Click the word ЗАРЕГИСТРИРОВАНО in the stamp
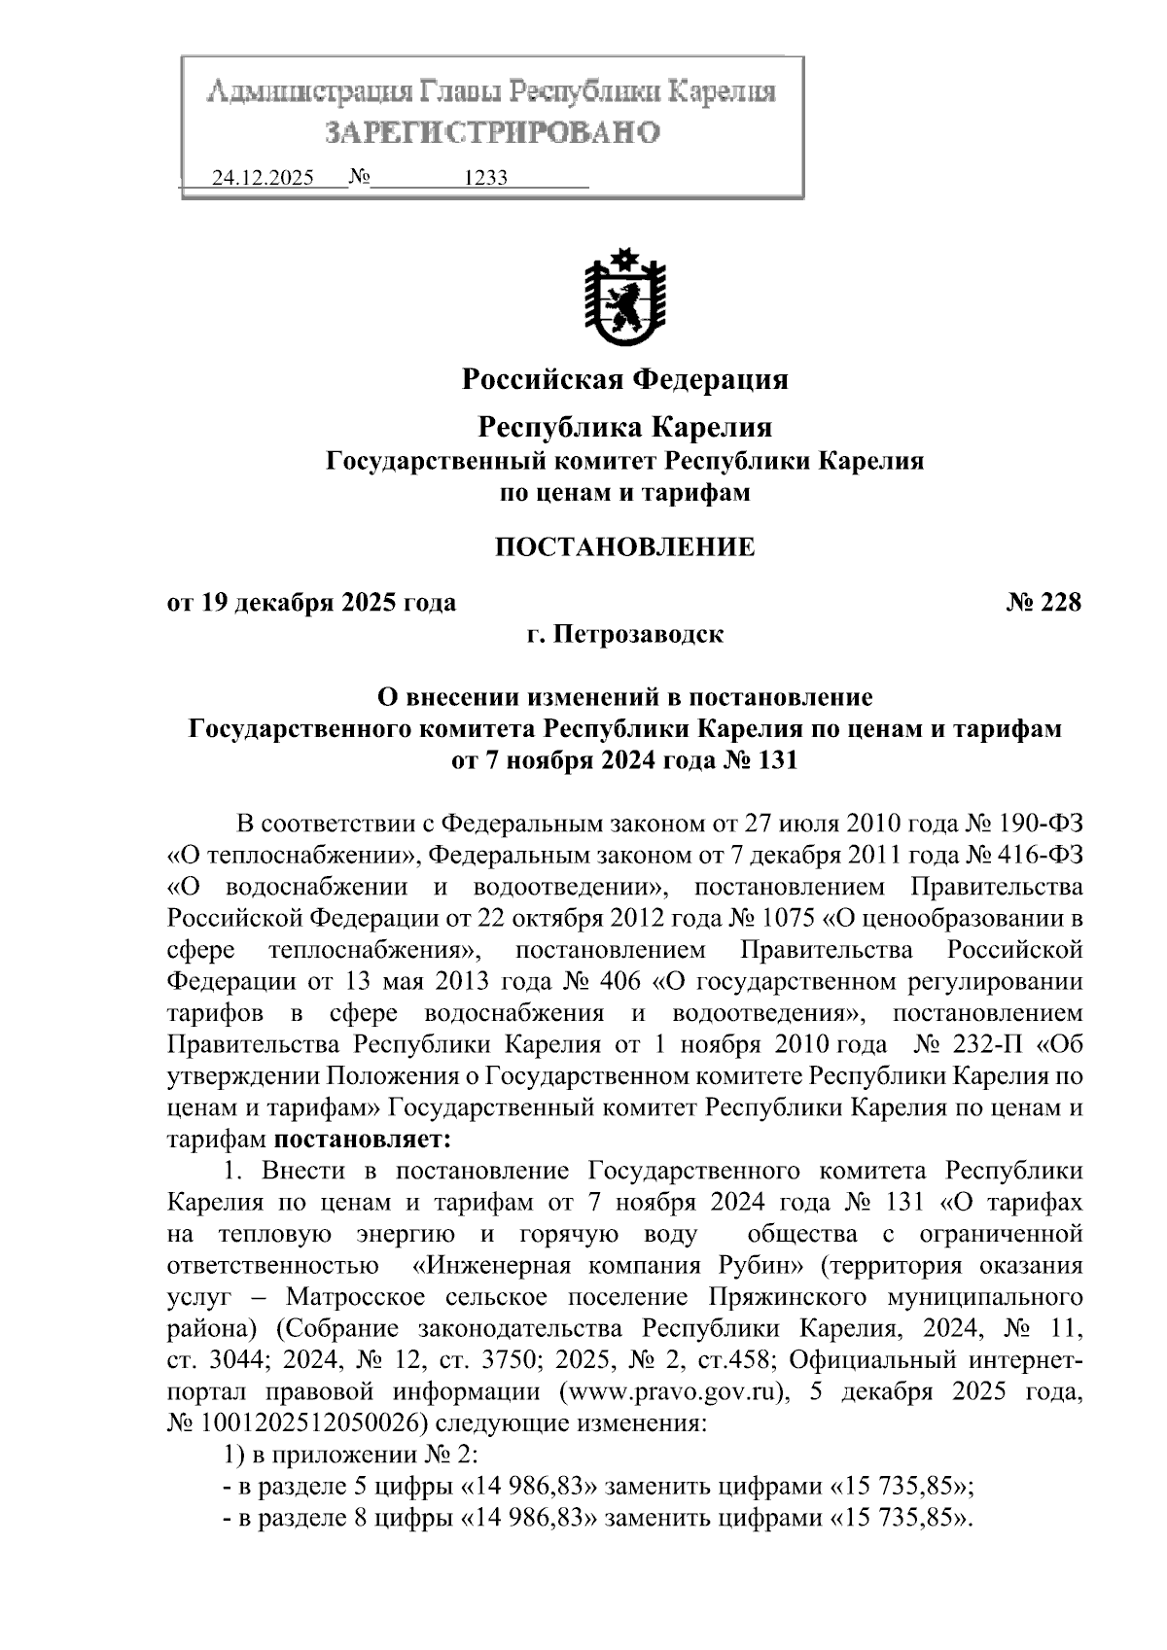click(x=492, y=132)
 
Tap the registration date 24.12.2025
click(x=263, y=179)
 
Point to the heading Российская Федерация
click(x=624, y=378)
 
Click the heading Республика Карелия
click(x=624, y=427)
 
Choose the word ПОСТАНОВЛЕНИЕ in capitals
click(x=624, y=547)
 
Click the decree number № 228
click(x=1043, y=603)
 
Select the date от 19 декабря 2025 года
click(x=311, y=603)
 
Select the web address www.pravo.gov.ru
click(x=672, y=1391)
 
